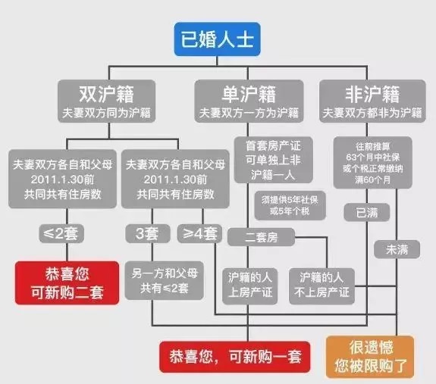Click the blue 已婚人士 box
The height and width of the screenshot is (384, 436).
[x=217, y=39]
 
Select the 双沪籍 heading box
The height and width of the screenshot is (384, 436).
[x=106, y=101]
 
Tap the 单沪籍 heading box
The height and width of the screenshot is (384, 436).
[x=249, y=101]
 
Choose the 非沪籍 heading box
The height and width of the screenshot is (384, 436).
[x=372, y=101]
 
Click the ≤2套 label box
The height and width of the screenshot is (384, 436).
[x=61, y=233]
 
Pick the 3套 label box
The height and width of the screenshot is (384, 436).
[x=148, y=233]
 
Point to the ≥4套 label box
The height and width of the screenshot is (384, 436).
[x=200, y=233]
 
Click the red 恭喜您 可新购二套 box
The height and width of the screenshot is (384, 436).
[x=67, y=283]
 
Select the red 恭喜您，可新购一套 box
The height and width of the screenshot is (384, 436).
[x=235, y=357]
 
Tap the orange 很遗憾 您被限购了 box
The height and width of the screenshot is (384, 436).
[x=370, y=357]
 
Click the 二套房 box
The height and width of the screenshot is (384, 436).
[x=261, y=237]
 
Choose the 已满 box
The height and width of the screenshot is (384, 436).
[x=367, y=212]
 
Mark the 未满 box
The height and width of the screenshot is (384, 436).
[x=397, y=249]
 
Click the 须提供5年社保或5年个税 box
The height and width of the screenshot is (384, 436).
[x=290, y=205]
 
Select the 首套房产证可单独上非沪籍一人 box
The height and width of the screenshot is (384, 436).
[x=273, y=160]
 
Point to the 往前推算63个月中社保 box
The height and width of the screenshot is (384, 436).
[x=372, y=163]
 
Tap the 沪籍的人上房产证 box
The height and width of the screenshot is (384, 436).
[x=250, y=286]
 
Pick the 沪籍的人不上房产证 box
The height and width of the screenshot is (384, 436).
[x=322, y=286]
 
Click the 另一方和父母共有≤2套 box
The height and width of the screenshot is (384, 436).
[x=164, y=280]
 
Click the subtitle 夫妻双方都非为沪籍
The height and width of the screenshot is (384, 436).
[x=372, y=113]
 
